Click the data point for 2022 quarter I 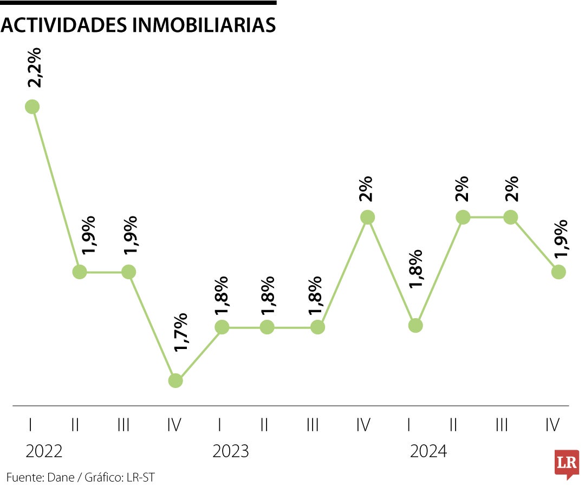click(32, 107)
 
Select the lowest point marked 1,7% click(175, 380)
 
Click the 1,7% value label click(180, 332)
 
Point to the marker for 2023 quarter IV click(367, 217)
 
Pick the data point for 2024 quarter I click(415, 325)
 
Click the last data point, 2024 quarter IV click(558, 272)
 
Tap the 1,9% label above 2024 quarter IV click(561, 239)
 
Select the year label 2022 click(44, 451)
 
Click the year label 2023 click(231, 451)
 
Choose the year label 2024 click(428, 451)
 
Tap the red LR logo click(567, 464)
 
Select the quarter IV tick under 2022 click(174, 425)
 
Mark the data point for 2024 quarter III click(510, 217)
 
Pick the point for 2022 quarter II click(80, 272)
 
